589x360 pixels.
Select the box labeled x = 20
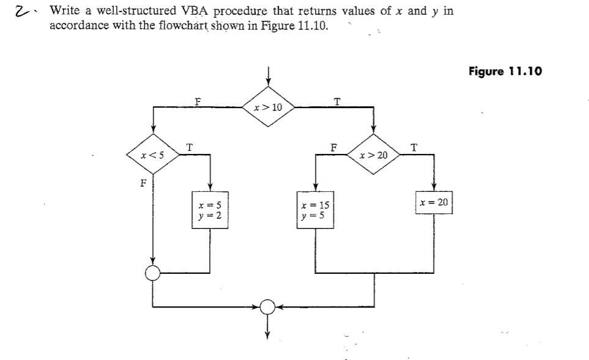(x=434, y=202)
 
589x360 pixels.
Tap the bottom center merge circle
(x=267, y=306)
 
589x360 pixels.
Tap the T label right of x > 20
(x=416, y=146)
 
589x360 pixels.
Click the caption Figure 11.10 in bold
(x=505, y=72)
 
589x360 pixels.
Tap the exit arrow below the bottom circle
(x=267, y=327)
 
